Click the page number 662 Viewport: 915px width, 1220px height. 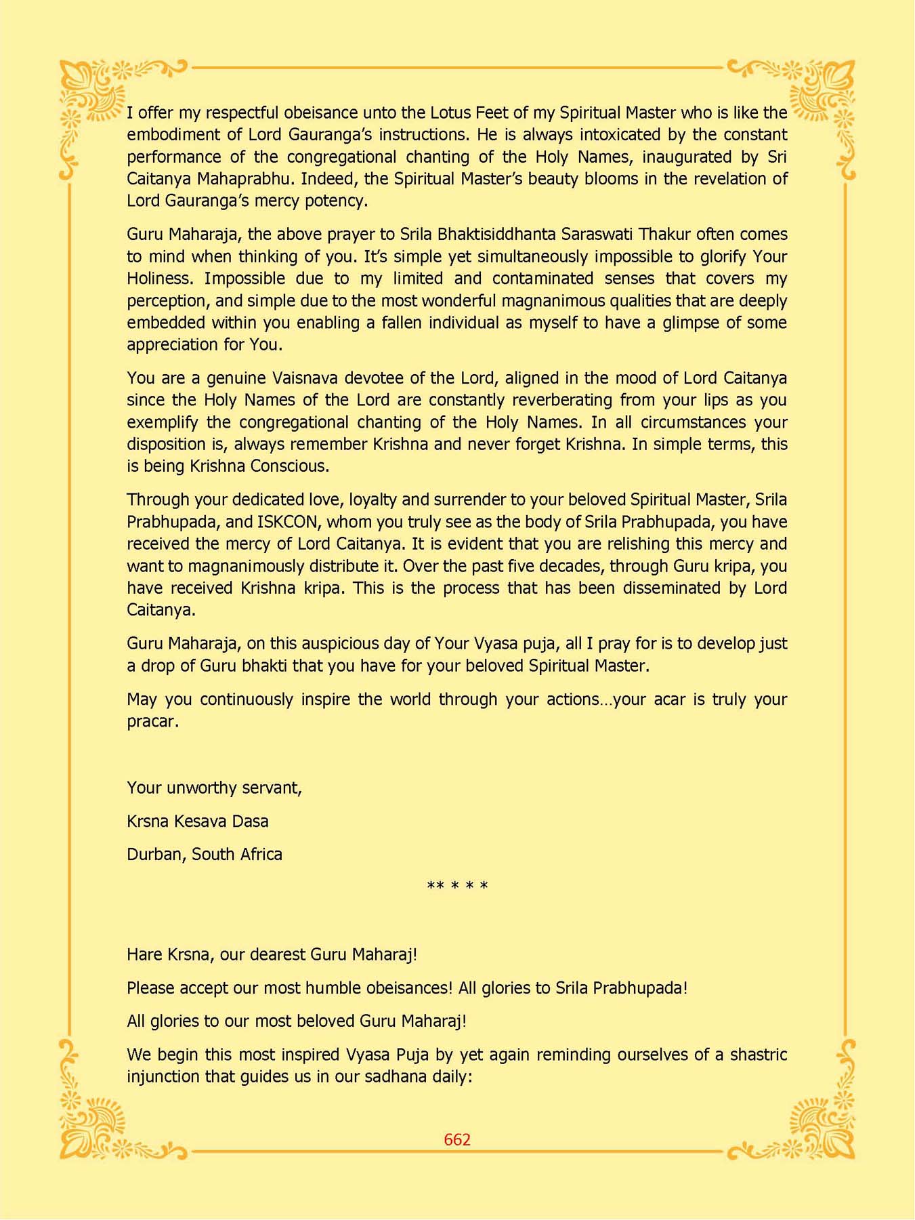457,1139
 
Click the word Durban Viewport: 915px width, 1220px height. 154,855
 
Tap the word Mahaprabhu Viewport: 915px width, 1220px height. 247,179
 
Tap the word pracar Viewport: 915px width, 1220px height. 152,722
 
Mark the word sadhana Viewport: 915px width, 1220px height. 396,1077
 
